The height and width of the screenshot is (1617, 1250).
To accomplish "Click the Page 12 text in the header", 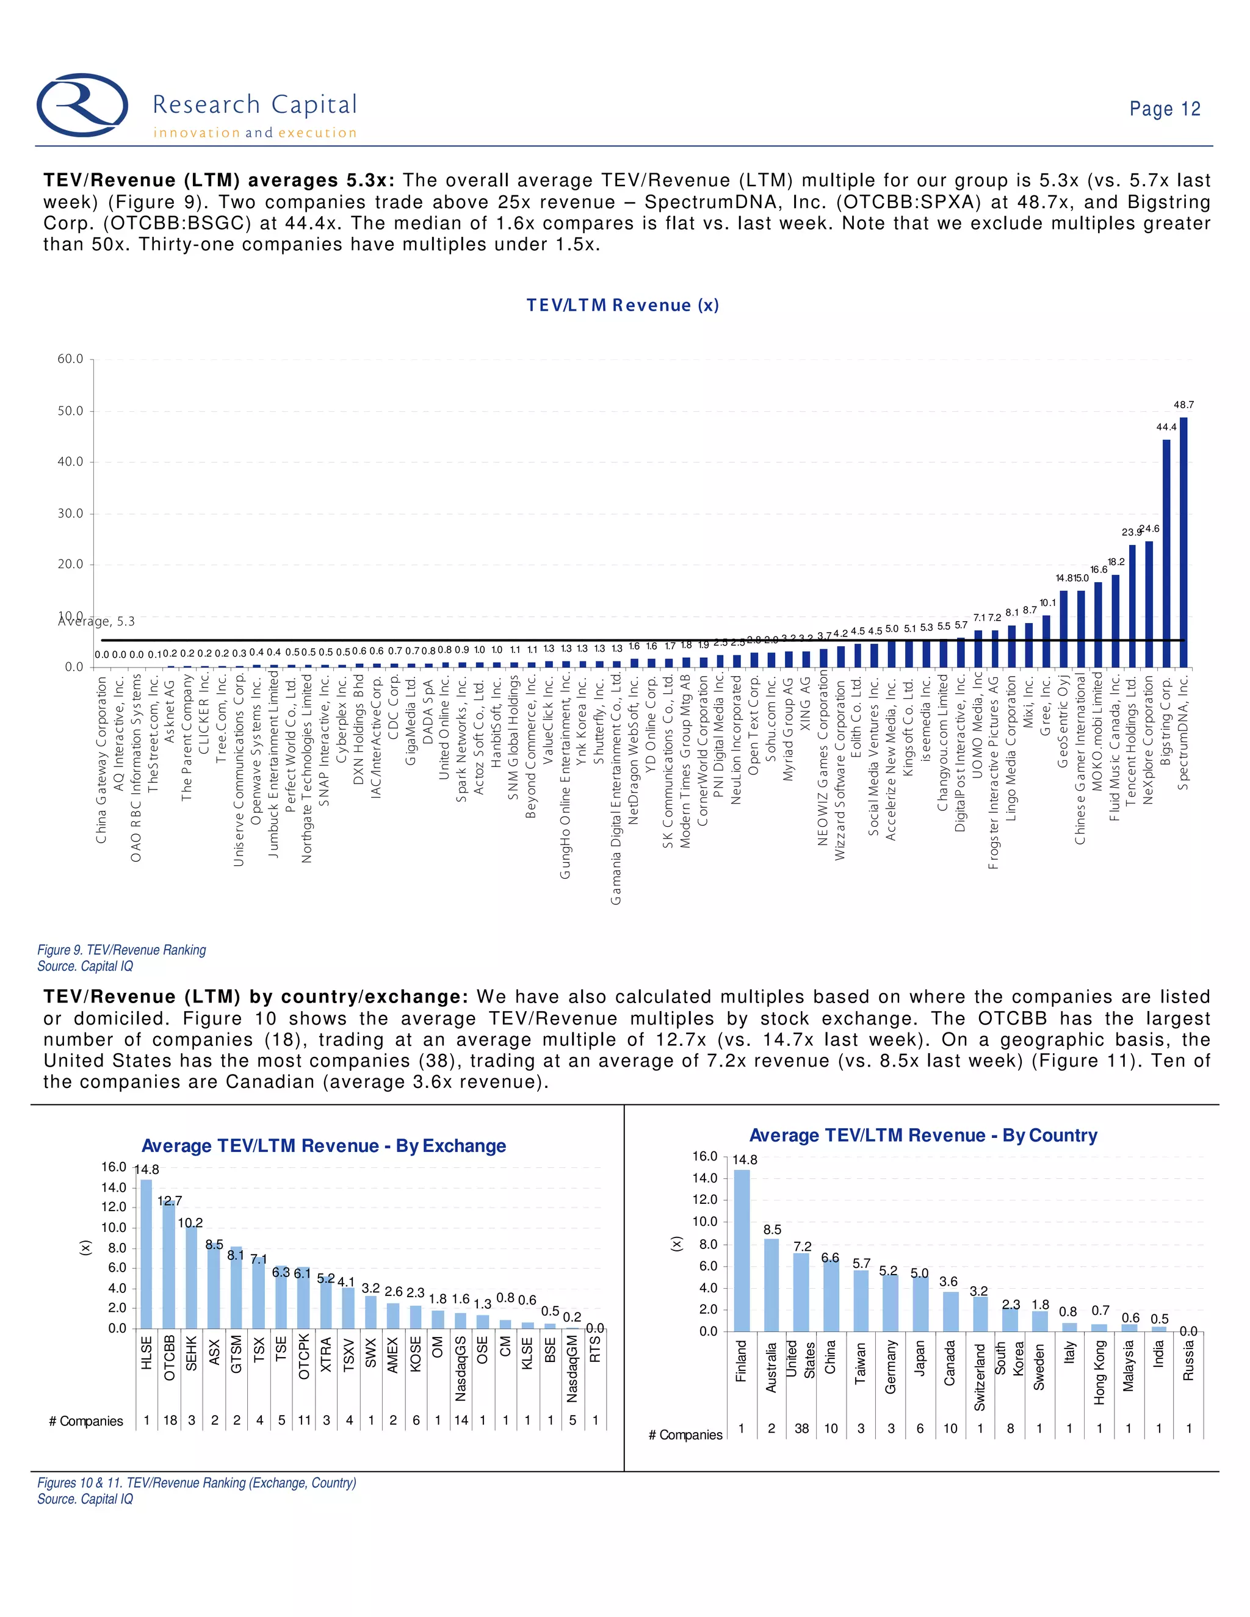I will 1164,109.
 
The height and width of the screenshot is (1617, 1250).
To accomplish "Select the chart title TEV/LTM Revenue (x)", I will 622,305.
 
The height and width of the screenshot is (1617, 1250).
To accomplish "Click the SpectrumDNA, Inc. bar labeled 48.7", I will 1183,542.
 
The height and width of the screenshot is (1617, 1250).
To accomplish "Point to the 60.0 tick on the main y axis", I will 70,359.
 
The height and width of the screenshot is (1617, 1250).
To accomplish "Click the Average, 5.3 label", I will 96,621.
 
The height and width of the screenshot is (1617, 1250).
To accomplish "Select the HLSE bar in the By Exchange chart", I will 146,1253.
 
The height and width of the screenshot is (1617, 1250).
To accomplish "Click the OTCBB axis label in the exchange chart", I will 169,1358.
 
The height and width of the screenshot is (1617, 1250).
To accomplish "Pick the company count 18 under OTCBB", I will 170,1420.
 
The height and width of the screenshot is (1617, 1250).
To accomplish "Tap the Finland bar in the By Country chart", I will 741,1250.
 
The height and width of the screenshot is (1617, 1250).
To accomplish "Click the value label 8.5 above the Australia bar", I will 772,1229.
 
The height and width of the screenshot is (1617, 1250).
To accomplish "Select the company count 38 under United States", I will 801,1428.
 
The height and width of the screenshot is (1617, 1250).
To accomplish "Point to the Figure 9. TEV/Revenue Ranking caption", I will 121,950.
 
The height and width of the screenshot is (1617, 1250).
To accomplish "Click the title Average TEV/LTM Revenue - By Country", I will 923,1135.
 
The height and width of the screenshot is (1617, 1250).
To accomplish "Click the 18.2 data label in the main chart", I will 1116,562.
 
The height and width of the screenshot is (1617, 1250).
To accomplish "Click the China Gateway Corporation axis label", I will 101,759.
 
